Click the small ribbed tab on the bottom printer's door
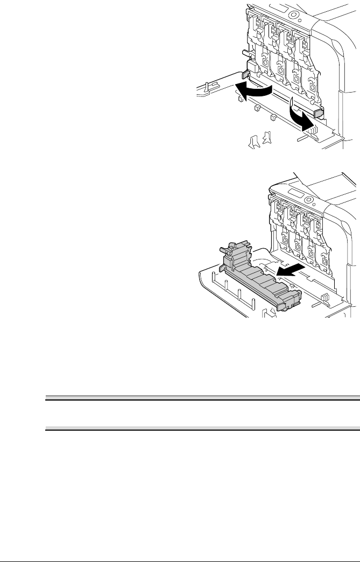coord(324,298)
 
